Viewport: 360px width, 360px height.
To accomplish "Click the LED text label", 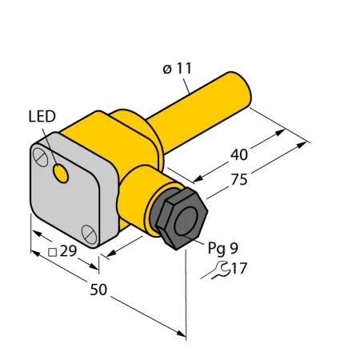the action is click(x=42, y=117).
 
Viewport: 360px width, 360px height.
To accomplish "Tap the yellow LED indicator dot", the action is click(x=61, y=174).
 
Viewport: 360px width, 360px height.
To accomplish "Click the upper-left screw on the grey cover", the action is click(x=40, y=158).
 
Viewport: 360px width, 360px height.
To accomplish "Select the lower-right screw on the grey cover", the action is click(x=89, y=234).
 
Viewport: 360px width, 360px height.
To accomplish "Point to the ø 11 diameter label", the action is click(x=178, y=69).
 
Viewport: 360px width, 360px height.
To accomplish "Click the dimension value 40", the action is click(x=239, y=154).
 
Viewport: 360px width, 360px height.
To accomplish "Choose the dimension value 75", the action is click(x=239, y=179).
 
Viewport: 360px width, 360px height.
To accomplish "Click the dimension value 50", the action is click(x=98, y=290).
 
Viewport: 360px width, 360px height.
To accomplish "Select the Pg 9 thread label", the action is click(x=223, y=248).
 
